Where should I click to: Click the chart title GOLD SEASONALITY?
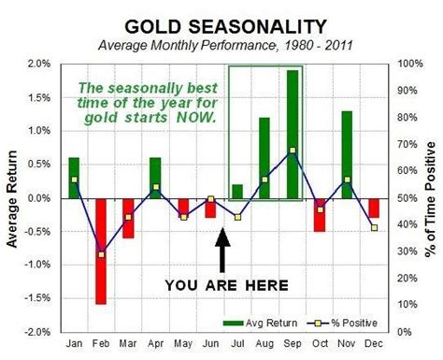222,24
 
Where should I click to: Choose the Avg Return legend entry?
270,321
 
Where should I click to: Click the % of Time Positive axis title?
431,197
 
